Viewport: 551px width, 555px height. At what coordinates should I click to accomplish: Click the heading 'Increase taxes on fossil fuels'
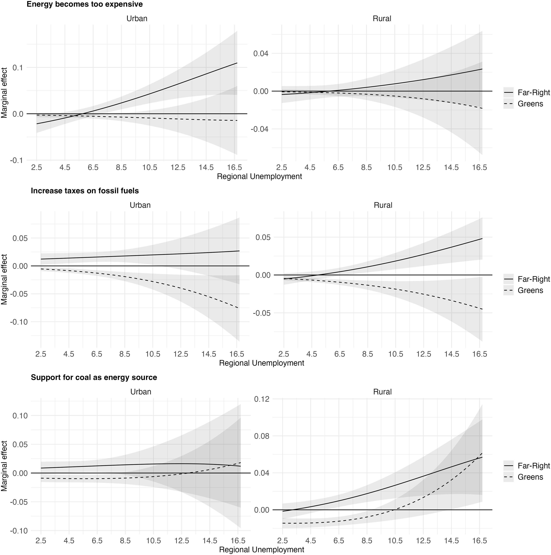click(85, 191)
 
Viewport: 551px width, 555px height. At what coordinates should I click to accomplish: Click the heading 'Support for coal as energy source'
click(94, 377)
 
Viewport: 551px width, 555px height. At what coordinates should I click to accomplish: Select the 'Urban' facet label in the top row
click(137, 19)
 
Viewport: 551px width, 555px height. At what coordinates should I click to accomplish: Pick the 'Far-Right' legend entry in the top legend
click(534, 92)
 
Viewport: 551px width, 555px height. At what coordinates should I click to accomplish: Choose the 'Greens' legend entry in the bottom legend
click(530, 477)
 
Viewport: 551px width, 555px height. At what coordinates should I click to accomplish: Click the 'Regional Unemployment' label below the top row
click(259, 176)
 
